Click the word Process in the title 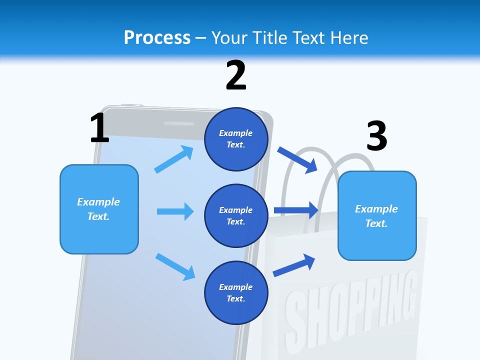(x=157, y=38)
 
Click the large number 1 (x=99, y=128)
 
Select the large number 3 (x=376, y=136)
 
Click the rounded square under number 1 (x=99, y=209)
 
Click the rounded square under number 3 (x=377, y=216)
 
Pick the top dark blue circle (x=236, y=139)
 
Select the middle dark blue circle (x=236, y=216)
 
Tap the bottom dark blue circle (x=236, y=293)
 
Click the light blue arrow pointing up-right (x=174, y=159)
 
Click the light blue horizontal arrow (x=175, y=211)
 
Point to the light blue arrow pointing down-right (x=175, y=266)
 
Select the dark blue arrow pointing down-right (x=297, y=159)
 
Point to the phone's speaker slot (x=178, y=123)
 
